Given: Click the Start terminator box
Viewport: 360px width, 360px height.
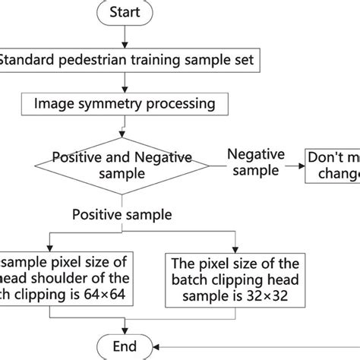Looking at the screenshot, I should (x=125, y=13).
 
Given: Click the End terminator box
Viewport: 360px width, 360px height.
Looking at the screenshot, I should (x=125, y=346).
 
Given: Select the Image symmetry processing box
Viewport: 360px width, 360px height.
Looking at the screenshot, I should (x=125, y=101).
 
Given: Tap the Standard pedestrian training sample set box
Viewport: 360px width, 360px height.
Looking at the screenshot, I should (x=125, y=58).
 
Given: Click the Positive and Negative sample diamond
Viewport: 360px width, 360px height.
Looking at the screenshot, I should (x=125, y=166).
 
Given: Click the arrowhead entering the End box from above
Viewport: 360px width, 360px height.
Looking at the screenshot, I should (x=125, y=329).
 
